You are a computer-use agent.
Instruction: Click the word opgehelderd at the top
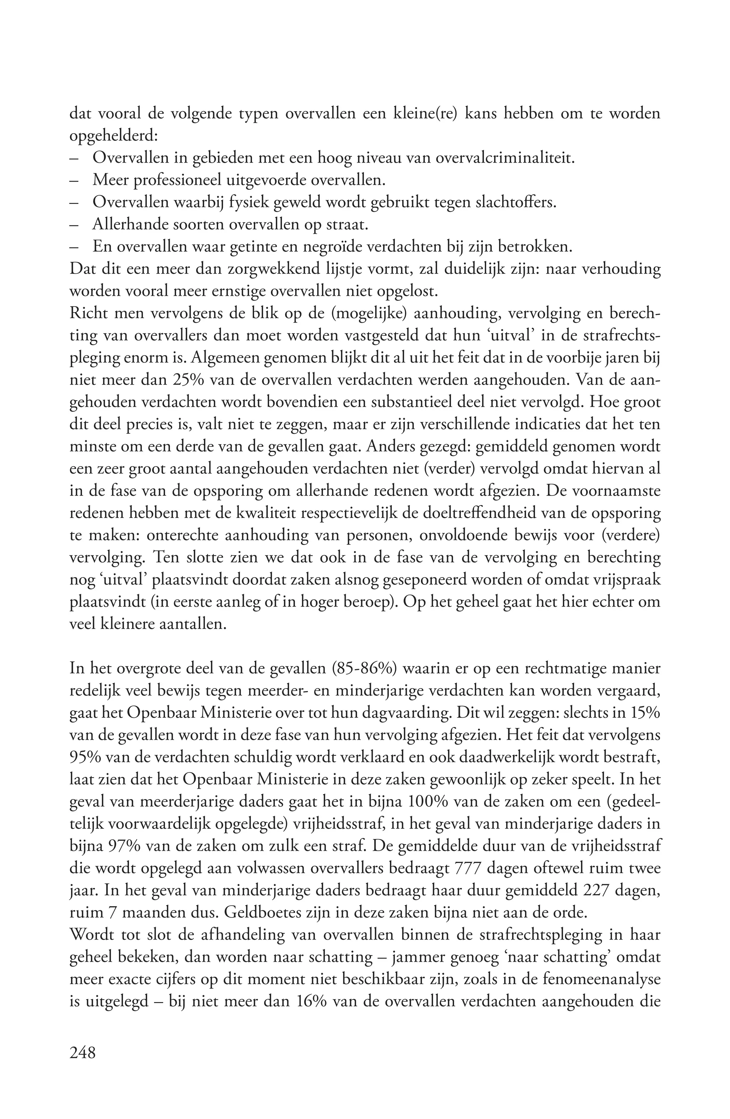113,136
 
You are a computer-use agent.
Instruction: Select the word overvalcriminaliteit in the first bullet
505,158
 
